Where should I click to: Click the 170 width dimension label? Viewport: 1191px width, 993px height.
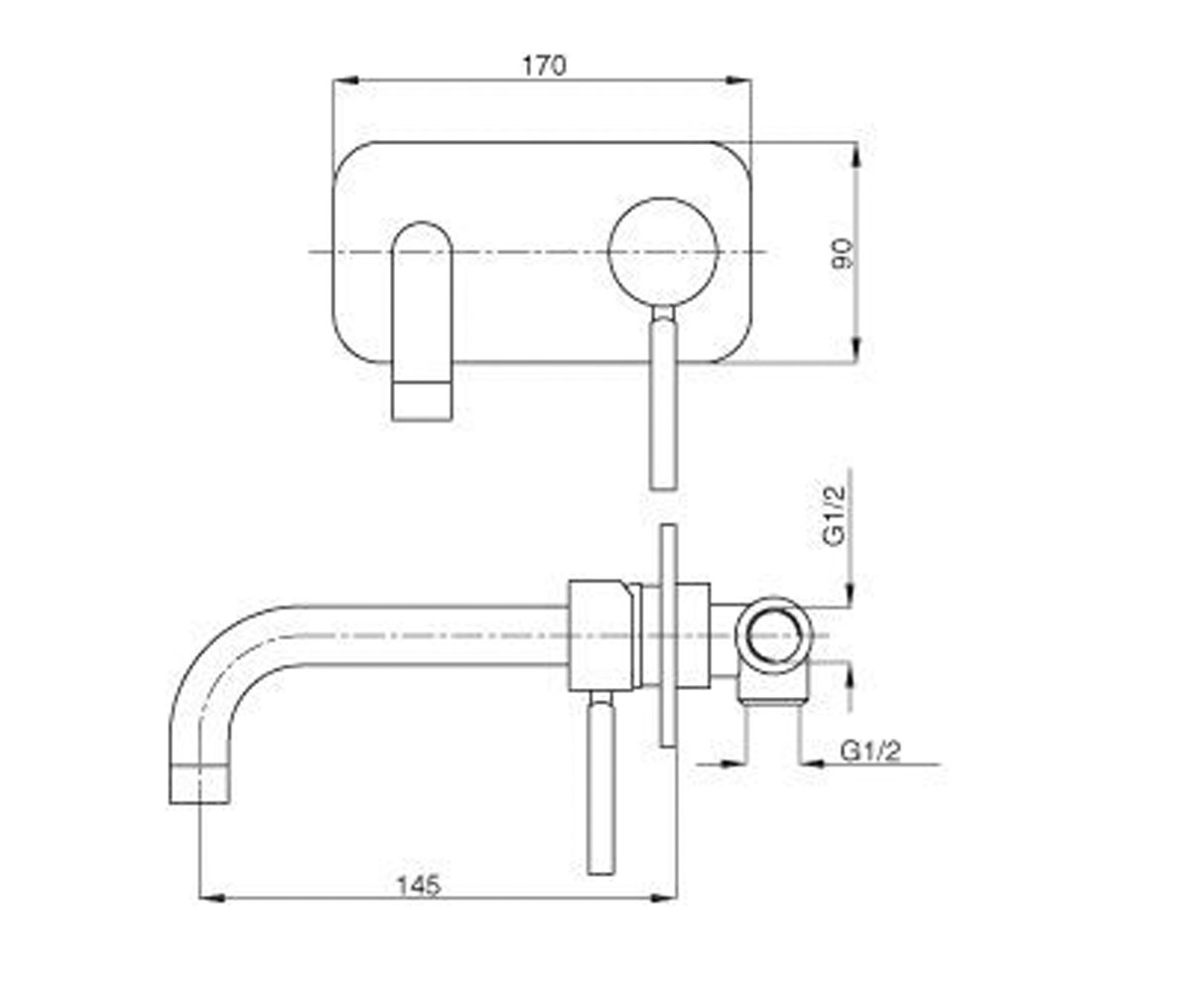(x=544, y=66)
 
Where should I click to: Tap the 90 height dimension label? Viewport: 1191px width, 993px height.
(x=843, y=254)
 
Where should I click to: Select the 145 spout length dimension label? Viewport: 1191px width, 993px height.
(x=419, y=886)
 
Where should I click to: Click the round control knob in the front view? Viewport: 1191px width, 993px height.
(x=663, y=252)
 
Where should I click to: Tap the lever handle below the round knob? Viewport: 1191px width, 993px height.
(x=663, y=398)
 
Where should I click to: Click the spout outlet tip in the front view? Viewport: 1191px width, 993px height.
(x=422, y=401)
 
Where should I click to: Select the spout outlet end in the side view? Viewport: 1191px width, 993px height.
(x=199, y=784)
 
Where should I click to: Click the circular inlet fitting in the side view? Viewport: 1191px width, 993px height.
(x=774, y=636)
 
